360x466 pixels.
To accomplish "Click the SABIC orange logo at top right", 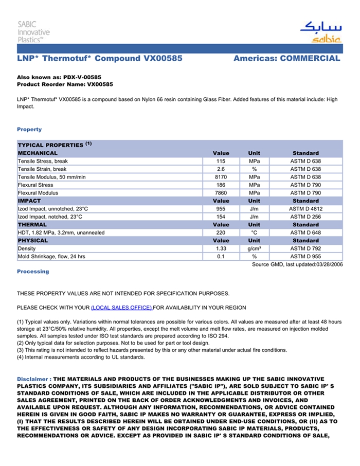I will (x=320, y=32).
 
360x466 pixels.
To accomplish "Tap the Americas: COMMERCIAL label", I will (x=286, y=59).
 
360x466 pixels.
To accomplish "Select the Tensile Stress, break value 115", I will (x=221, y=161).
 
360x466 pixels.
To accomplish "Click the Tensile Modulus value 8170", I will (x=221, y=177).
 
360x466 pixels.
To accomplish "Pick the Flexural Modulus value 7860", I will (x=221, y=193).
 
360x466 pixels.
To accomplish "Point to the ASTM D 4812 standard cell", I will (x=305, y=209).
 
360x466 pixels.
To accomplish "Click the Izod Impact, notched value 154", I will (x=221, y=217).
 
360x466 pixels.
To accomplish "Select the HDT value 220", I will (x=221, y=232).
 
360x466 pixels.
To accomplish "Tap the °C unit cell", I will (x=254, y=232).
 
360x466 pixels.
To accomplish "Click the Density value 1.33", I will (x=221, y=248).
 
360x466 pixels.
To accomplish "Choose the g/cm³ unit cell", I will (x=254, y=248).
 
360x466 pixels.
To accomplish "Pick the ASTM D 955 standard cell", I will (x=305, y=256).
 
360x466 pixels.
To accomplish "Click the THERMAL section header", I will (x=32, y=225).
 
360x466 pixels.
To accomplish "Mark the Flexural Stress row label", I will (x=35, y=185).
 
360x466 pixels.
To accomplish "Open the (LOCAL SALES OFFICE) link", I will (x=121, y=308).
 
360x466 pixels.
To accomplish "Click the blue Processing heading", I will (x=33, y=272).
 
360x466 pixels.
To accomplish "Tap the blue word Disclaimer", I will (x=32, y=379).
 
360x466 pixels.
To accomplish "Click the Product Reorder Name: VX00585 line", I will (x=65, y=84).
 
